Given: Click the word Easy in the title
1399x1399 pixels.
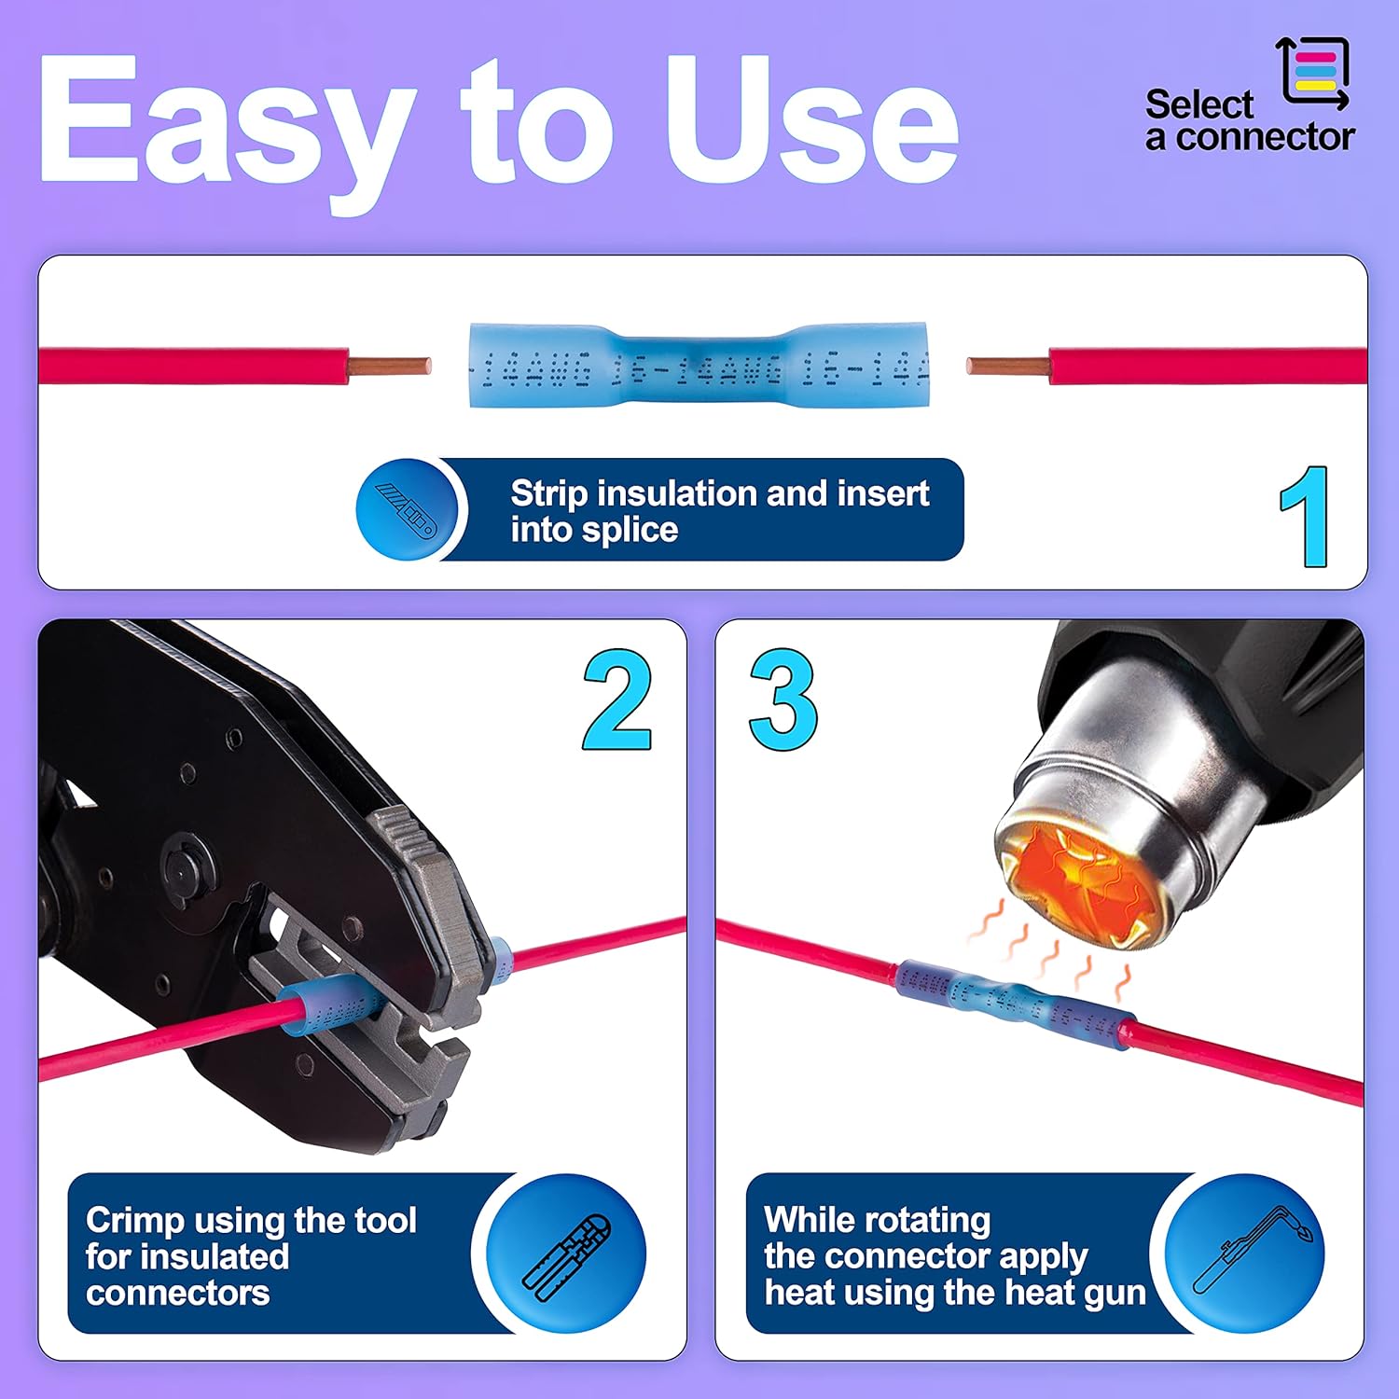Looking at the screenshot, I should pyautogui.click(x=224, y=121).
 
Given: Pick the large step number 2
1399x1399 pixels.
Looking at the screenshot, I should pyautogui.click(x=617, y=700).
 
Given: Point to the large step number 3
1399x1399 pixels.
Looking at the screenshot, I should pyautogui.click(x=783, y=700).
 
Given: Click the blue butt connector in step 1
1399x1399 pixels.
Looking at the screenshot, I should pyautogui.click(x=699, y=366).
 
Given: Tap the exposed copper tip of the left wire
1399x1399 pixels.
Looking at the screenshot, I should pyautogui.click(x=390, y=367).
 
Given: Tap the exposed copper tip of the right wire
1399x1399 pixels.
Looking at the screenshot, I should pyautogui.click(x=1007, y=367).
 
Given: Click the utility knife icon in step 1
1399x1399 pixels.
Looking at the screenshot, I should pyautogui.click(x=406, y=509).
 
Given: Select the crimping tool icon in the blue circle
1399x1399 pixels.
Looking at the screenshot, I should pyautogui.click(x=567, y=1253).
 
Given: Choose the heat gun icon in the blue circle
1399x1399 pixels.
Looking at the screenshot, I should pyautogui.click(x=1246, y=1253).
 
